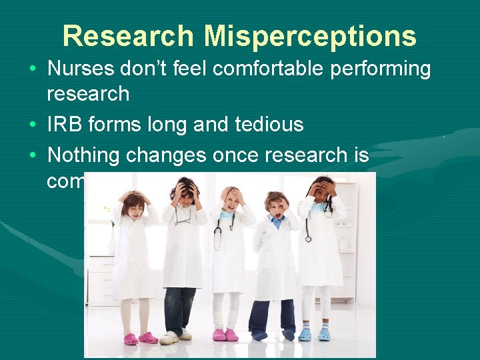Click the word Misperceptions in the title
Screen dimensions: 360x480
point(310,36)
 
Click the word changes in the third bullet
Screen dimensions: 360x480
point(167,155)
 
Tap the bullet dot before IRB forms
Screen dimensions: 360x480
point(33,125)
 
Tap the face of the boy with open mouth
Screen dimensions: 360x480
point(277,206)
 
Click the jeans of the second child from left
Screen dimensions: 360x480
point(179,309)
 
